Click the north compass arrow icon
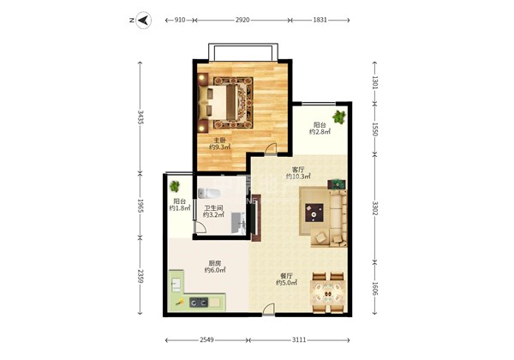click(x=143, y=21)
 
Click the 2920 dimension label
click(x=242, y=20)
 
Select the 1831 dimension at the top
click(x=320, y=20)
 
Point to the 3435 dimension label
click(x=140, y=117)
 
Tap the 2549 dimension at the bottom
click(x=206, y=340)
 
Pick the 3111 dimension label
click(x=299, y=340)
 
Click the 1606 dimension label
click(x=375, y=289)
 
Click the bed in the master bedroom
click(x=218, y=102)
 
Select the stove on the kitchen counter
click(x=199, y=302)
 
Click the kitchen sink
click(x=176, y=285)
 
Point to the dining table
click(x=328, y=293)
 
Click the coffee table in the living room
click(x=314, y=213)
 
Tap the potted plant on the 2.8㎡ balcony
click(x=339, y=117)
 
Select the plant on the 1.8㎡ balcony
click(x=175, y=187)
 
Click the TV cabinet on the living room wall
click(x=256, y=218)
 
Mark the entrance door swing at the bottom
click(x=269, y=309)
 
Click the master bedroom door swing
click(x=271, y=149)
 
